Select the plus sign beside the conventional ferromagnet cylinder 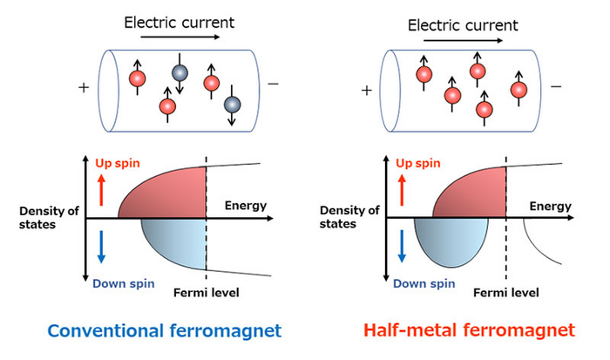[84, 87]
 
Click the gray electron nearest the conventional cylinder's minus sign [232, 105]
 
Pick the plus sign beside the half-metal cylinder [367, 89]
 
